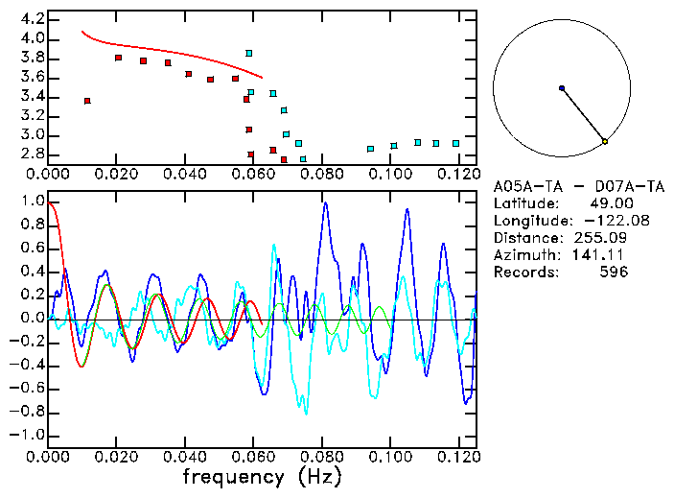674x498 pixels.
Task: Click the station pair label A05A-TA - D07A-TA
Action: pos(566,186)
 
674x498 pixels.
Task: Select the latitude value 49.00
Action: pos(608,203)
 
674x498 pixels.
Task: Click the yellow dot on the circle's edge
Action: pos(605,142)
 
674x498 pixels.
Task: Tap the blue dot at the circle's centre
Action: pos(562,88)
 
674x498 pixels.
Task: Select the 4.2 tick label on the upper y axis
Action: pos(33,19)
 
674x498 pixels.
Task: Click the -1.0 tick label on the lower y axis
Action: pos(29,436)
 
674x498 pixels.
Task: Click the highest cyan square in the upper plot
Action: pos(249,53)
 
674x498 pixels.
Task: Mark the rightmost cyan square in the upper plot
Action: pos(456,143)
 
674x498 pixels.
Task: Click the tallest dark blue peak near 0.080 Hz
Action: pos(325,203)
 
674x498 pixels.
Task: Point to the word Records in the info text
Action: pos(523,273)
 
